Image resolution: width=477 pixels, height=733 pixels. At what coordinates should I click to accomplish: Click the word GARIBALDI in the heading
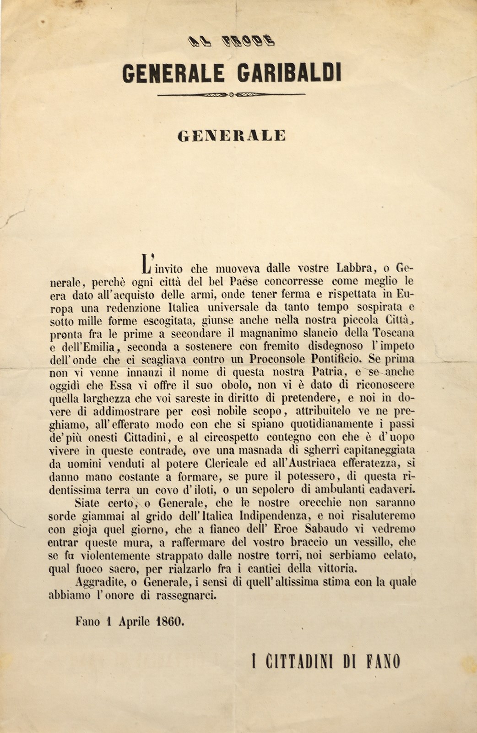[x=290, y=73]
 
